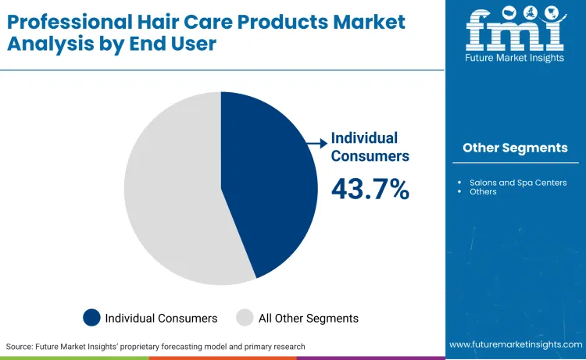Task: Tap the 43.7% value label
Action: coord(370,189)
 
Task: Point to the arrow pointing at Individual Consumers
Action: coord(316,143)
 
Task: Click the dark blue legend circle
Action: coord(92,318)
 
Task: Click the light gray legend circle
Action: coord(245,318)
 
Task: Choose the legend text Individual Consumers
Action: coord(161,318)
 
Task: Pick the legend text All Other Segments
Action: coord(309,318)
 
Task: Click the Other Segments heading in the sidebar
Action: coord(515,148)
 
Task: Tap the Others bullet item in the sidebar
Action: coord(483,191)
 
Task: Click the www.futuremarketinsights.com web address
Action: coord(515,344)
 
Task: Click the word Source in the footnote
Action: coord(20,346)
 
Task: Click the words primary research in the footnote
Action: coord(273,346)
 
